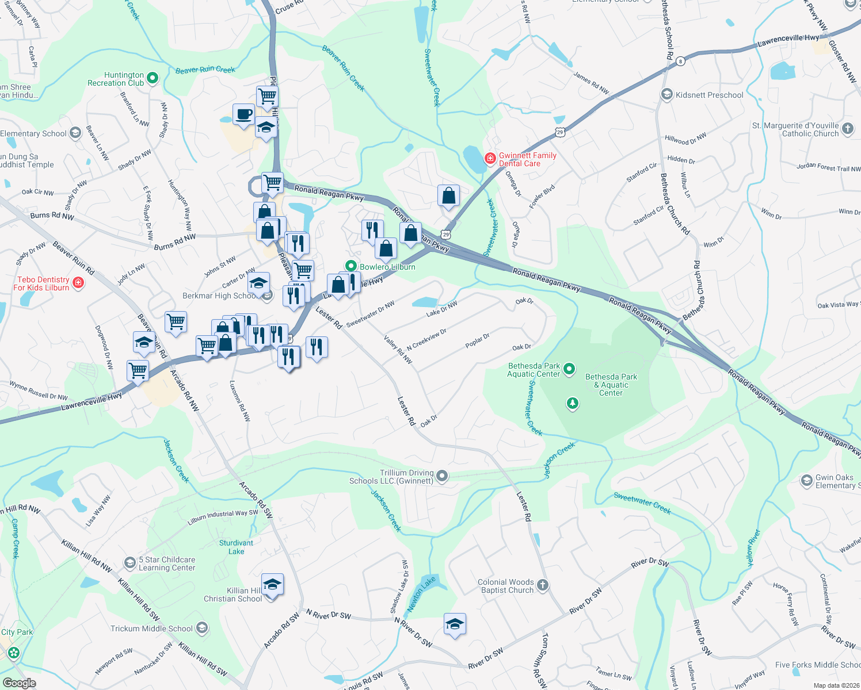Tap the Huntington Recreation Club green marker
pyautogui.click(x=153, y=78)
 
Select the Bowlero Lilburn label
pyautogui.click(x=387, y=267)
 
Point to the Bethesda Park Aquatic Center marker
pyautogui.click(x=569, y=369)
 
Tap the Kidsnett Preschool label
pyautogui.click(x=709, y=95)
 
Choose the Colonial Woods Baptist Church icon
pyautogui.click(x=543, y=585)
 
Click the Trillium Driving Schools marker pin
pyautogui.click(x=442, y=476)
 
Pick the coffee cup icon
pyautogui.click(x=243, y=114)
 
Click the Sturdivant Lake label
pyautogui.click(x=236, y=547)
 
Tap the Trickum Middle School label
pyautogui.click(x=151, y=628)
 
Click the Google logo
pyautogui.click(x=19, y=683)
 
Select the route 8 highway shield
pyautogui.click(x=680, y=61)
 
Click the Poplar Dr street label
pyautogui.click(x=477, y=340)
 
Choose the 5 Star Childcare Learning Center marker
pyautogui.click(x=130, y=562)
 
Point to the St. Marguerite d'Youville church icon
pyautogui.click(x=848, y=129)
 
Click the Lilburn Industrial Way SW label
pyautogui.click(x=223, y=517)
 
